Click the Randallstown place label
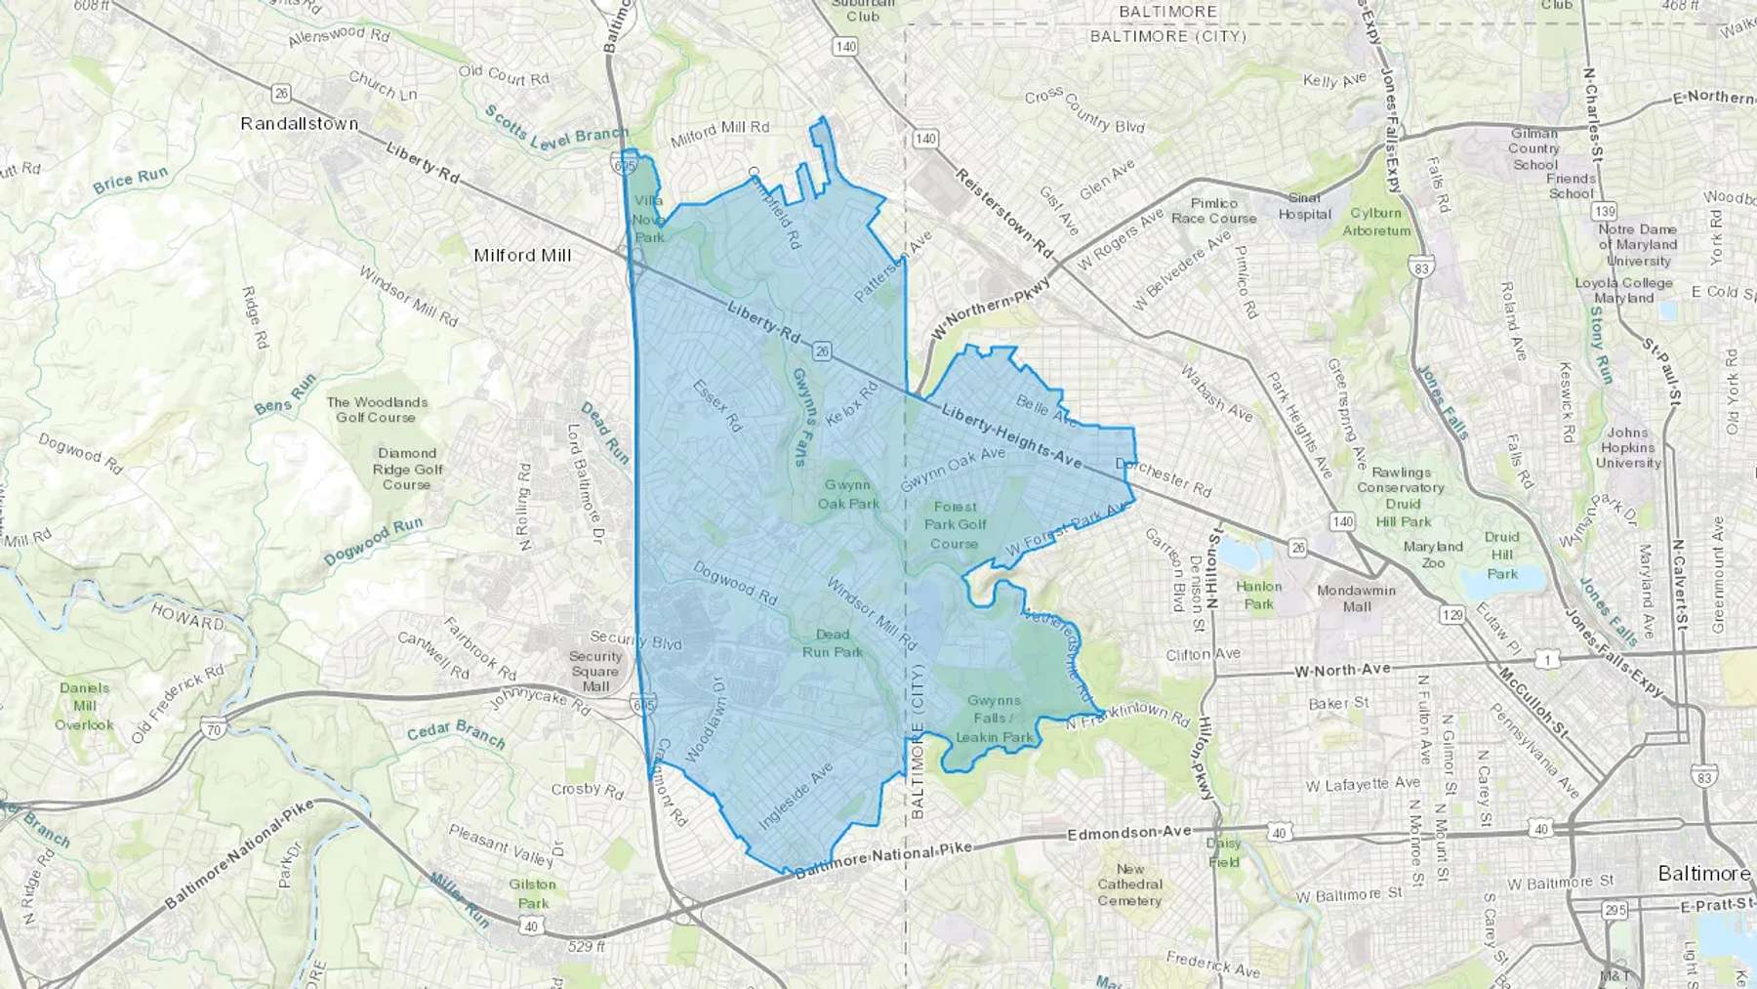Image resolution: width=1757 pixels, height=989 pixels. (x=300, y=124)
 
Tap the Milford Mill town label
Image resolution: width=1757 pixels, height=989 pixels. (x=522, y=255)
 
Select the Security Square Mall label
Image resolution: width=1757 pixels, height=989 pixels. (x=595, y=672)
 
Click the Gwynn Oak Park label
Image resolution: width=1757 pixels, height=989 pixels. (x=848, y=494)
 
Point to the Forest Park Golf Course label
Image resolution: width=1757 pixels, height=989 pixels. (x=955, y=524)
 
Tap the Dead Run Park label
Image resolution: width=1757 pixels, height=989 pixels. (x=833, y=642)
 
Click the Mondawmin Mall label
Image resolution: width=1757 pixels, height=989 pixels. (x=1356, y=598)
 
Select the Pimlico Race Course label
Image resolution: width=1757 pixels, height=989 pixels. (x=1213, y=211)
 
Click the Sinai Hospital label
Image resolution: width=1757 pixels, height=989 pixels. (x=1304, y=206)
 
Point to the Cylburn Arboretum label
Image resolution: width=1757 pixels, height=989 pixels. (x=1376, y=222)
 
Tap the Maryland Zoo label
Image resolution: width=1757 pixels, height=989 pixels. (x=1433, y=555)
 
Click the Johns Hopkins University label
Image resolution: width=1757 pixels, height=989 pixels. (x=1627, y=447)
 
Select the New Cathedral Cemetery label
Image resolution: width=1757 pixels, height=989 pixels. (x=1129, y=885)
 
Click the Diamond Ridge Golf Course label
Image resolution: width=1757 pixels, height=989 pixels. (x=407, y=469)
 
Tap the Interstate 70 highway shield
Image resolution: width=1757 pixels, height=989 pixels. (x=214, y=727)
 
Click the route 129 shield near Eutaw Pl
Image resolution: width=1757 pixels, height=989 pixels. (x=1451, y=614)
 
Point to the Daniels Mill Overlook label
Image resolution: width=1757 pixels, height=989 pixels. (x=84, y=706)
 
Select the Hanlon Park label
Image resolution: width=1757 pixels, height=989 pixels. (x=1258, y=595)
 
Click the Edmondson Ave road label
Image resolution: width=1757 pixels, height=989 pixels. (x=1128, y=833)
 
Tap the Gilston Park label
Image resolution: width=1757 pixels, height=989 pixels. (x=533, y=893)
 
